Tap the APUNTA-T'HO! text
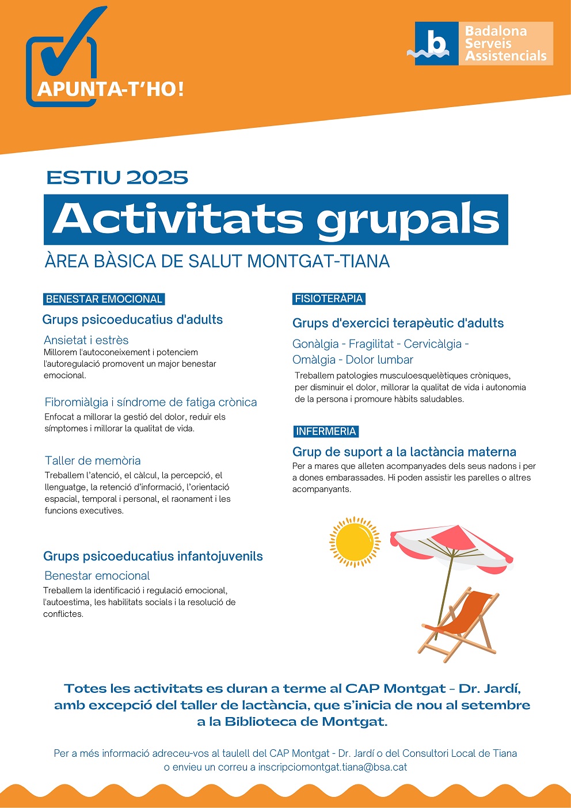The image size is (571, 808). click(x=111, y=89)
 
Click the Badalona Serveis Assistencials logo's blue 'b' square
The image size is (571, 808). click(x=436, y=44)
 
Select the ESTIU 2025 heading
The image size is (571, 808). click(x=117, y=177)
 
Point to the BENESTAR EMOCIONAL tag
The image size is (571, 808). click(x=104, y=299)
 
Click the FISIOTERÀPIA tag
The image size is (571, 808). click(x=329, y=299)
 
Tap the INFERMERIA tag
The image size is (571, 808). click(x=326, y=432)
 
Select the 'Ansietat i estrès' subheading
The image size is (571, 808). click(x=86, y=340)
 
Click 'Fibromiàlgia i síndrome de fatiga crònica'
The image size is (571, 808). click(x=151, y=402)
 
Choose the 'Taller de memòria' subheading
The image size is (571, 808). click(x=93, y=460)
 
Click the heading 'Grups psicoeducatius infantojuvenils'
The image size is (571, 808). click(x=153, y=557)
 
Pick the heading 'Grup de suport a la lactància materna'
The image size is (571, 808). click(x=404, y=452)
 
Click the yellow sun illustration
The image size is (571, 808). click(x=355, y=541)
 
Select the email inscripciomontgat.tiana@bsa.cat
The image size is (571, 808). click(x=333, y=767)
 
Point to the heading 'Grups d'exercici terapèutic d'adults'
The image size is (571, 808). click(x=398, y=323)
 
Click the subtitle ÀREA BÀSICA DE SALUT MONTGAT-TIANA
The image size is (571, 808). click(x=217, y=261)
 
